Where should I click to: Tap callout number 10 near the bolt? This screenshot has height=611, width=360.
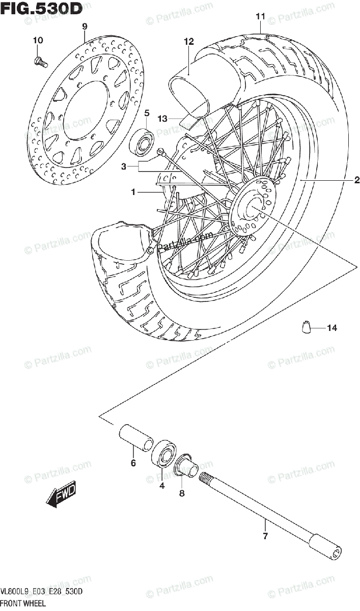click(x=39, y=40)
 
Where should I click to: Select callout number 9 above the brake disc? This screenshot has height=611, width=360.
click(x=85, y=26)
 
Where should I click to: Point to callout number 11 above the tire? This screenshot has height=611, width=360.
click(x=260, y=17)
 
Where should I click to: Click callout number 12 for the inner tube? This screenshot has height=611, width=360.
click(x=189, y=42)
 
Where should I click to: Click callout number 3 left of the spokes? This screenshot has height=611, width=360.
click(x=123, y=166)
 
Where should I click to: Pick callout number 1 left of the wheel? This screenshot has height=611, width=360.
click(x=133, y=192)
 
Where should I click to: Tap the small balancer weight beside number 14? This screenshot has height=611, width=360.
click(x=307, y=328)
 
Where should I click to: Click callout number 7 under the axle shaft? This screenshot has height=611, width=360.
click(x=265, y=535)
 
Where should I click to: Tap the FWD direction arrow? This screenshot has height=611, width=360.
click(x=61, y=495)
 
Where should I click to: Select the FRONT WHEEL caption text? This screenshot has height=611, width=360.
click(x=23, y=603)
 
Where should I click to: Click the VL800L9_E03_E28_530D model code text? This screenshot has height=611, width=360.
click(x=42, y=592)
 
